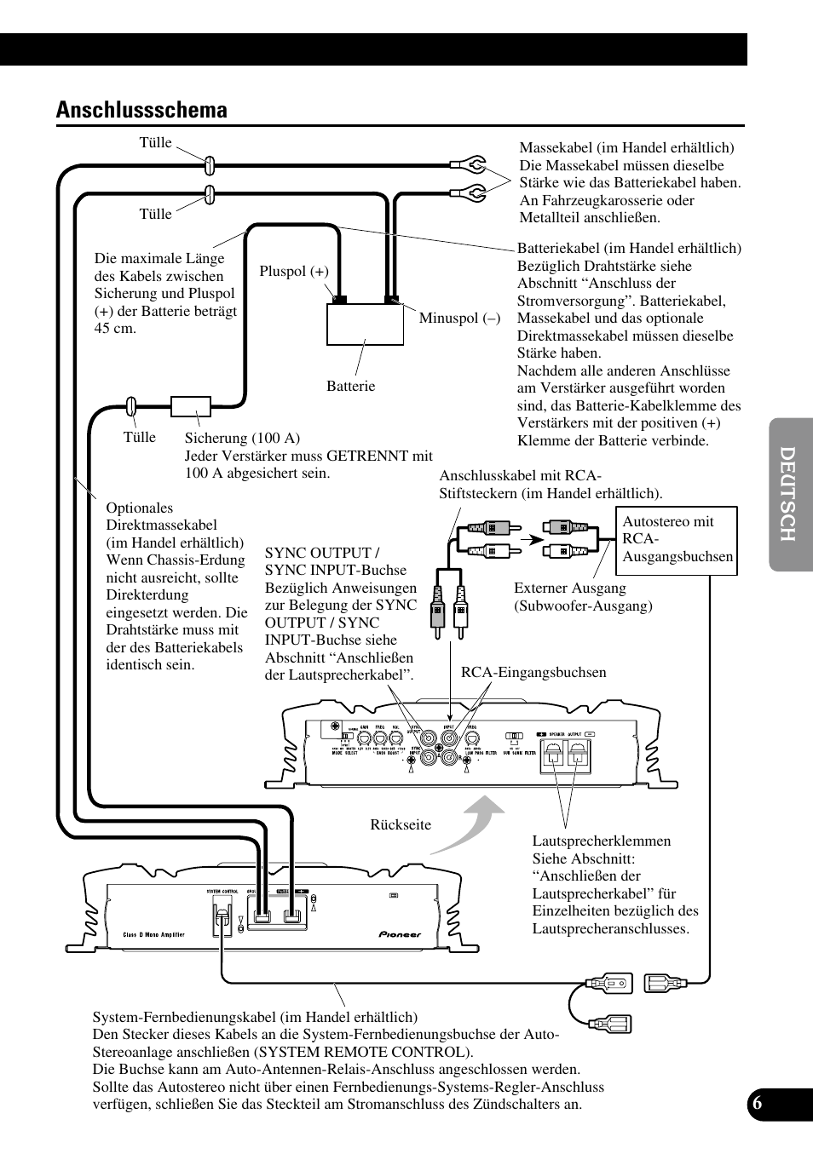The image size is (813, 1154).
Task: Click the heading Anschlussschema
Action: (141, 110)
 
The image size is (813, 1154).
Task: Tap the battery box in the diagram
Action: (364, 324)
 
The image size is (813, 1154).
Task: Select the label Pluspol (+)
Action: (294, 272)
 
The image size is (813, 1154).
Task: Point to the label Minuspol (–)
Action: (459, 319)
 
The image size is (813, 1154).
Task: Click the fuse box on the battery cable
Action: (191, 406)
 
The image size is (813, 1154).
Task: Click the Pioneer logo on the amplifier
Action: (400, 934)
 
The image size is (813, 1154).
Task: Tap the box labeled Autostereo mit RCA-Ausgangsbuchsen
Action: (677, 539)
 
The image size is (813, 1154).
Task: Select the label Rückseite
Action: (401, 824)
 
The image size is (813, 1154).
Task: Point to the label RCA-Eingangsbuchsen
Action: (533, 673)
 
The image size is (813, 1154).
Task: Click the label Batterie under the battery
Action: (350, 387)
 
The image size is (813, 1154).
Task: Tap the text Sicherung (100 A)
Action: (242, 439)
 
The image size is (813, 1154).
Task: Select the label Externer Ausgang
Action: (569, 588)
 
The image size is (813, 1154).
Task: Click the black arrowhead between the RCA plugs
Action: (533, 539)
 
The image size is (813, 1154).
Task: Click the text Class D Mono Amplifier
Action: (153, 934)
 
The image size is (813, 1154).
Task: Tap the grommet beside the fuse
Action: (132, 405)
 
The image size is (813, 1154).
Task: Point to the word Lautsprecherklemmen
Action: (602, 841)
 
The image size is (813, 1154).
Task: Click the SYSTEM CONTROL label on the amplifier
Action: (224, 892)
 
